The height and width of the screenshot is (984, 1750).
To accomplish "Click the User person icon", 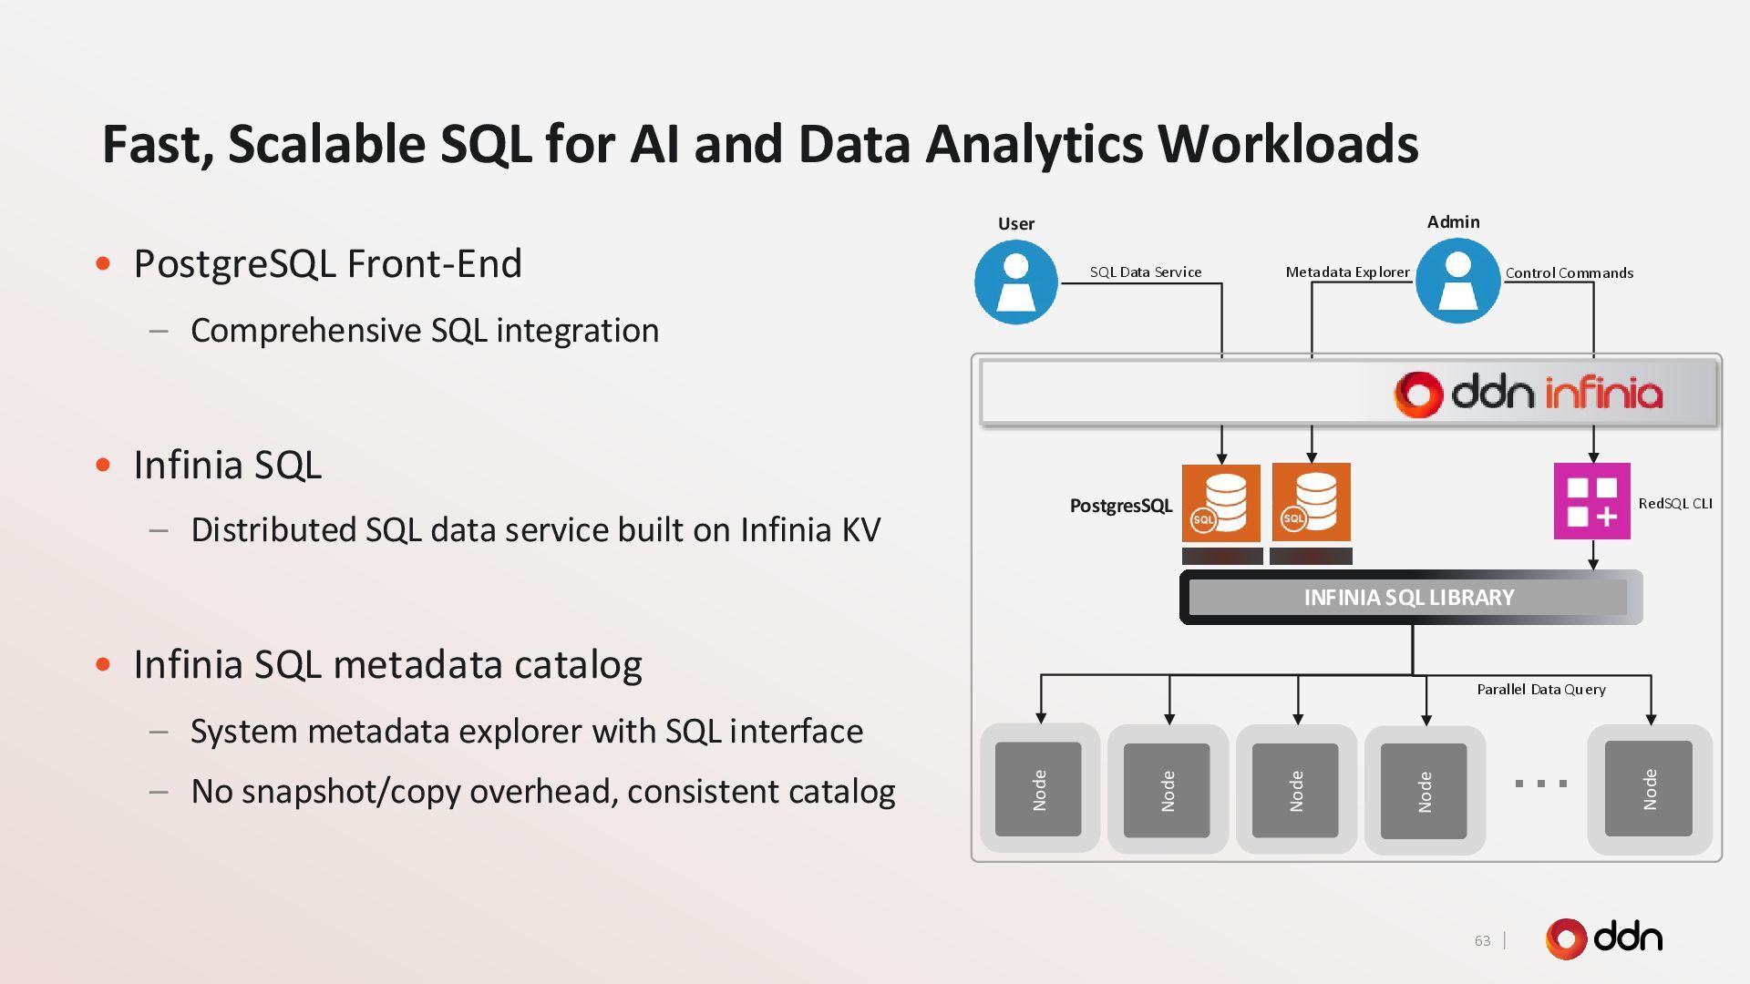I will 1015,282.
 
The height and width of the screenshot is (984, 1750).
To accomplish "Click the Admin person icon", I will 1457,281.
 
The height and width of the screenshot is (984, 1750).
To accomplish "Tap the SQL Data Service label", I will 1145,272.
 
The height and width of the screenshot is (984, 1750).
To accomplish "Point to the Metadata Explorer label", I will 1346,272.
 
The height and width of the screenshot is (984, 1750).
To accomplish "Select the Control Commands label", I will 1569,272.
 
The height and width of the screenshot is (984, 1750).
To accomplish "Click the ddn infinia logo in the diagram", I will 1528,394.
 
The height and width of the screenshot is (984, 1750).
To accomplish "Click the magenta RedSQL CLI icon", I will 1591,501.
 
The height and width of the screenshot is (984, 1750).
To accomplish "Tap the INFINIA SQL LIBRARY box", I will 1409,598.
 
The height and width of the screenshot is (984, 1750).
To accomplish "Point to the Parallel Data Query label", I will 1540,689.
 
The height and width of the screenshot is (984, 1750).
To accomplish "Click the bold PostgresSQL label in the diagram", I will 1120,506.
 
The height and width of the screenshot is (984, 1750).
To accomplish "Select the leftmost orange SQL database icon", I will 1220,503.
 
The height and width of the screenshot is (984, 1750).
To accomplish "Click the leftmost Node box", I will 1038,789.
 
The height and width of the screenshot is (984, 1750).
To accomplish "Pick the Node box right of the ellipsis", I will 1648,789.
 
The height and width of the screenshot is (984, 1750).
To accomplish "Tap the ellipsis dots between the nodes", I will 1540,784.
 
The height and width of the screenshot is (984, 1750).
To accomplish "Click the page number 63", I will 1482,940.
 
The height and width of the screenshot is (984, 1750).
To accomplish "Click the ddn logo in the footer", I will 1603,938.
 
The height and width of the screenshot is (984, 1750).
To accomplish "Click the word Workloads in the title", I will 1287,144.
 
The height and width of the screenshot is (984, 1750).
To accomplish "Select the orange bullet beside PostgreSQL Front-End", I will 103,264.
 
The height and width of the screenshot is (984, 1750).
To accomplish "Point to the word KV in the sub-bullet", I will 860,529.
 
